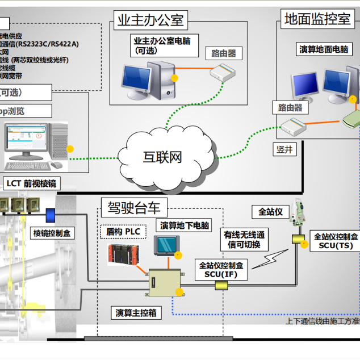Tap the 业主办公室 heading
pyautogui.click(x=150, y=21)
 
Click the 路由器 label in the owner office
pyautogui.click(x=224, y=53)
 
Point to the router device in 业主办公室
pyautogui.click(x=222, y=73)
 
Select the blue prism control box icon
pyautogui.click(x=51, y=215)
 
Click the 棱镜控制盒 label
pyautogui.click(x=51, y=233)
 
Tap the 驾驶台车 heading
pyautogui.click(x=134, y=208)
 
